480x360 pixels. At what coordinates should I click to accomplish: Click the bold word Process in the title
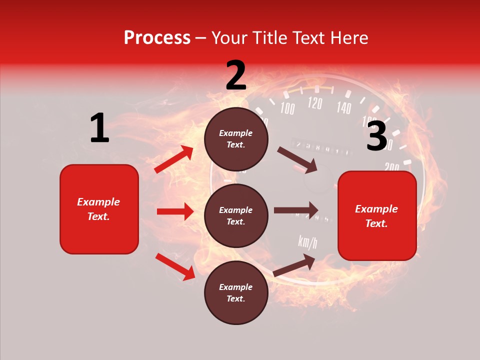[x=157, y=38]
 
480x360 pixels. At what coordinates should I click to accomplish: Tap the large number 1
[x=99, y=128]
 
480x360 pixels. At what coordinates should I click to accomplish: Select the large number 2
[x=236, y=75]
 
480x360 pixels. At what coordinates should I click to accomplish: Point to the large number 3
[x=376, y=136]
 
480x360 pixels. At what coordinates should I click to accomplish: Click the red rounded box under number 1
[x=99, y=209]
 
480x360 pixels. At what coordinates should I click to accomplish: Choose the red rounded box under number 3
[x=377, y=216]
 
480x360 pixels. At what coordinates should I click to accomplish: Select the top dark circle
[x=236, y=139]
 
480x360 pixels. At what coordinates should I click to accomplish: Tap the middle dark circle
[x=236, y=215]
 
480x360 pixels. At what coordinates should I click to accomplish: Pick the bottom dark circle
[x=236, y=292]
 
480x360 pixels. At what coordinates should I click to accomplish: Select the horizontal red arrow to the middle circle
[x=175, y=211]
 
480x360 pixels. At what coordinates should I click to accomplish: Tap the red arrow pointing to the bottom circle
[x=175, y=266]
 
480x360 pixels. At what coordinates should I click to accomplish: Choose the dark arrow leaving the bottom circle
[x=294, y=265]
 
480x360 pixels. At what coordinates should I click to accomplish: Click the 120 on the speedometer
[x=315, y=103]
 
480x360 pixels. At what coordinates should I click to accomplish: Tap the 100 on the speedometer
[x=287, y=108]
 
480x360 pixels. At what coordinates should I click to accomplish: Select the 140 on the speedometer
[x=343, y=107]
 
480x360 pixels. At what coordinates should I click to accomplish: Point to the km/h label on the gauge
[x=307, y=242]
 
